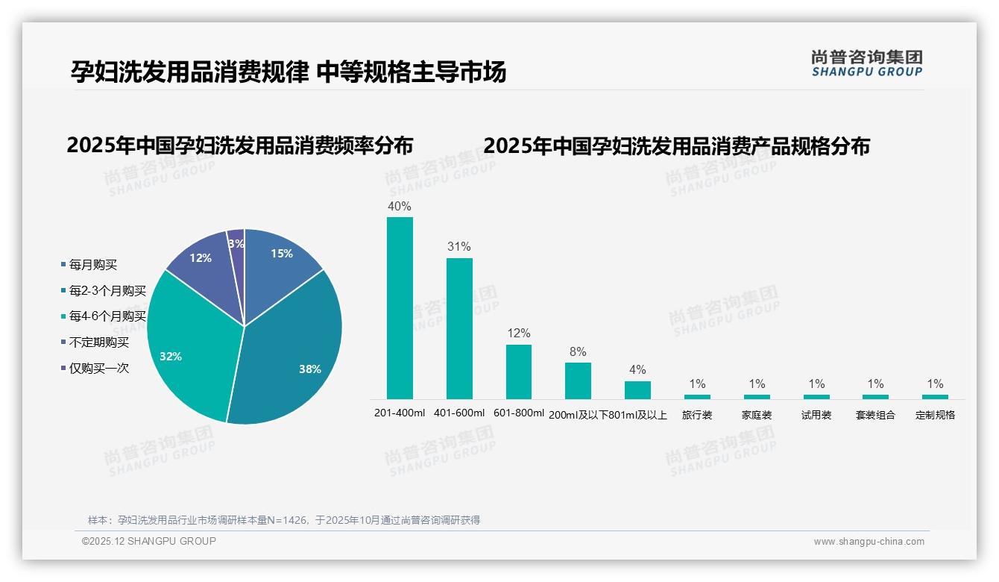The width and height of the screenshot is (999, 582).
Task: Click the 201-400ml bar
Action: [x=400, y=307]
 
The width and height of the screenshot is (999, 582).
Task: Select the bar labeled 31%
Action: [x=459, y=328]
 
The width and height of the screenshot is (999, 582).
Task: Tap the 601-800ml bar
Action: [x=519, y=372]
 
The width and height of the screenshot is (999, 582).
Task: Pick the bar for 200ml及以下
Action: [x=578, y=381]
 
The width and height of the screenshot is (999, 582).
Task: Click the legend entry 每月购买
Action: [x=92, y=265]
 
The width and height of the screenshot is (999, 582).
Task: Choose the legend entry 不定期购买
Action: [x=98, y=342]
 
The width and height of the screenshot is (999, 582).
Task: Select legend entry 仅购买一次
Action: [x=98, y=369]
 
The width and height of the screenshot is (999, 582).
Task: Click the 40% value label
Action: [x=400, y=207]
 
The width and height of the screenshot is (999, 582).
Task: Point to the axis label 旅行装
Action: [x=697, y=415]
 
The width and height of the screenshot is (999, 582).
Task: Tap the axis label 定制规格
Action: [x=935, y=415]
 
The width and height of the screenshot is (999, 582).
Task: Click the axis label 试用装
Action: [x=816, y=415]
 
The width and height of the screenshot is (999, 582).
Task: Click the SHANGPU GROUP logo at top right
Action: [x=867, y=63]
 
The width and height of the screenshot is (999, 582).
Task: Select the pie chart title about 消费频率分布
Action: [x=239, y=145]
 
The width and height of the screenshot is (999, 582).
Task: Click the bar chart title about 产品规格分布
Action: [x=676, y=146]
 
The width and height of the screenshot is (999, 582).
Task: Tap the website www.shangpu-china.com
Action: [x=869, y=542]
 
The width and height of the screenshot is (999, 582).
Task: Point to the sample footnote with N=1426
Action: [x=284, y=520]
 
